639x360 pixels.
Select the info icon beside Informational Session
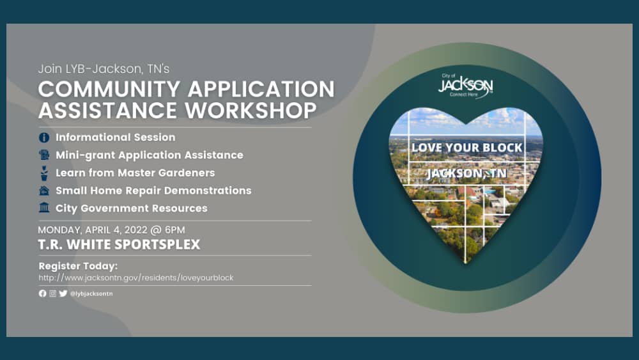point(44,137)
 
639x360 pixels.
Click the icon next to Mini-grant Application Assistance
point(44,155)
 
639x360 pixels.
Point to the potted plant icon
point(44,173)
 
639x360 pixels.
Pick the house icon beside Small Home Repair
point(44,191)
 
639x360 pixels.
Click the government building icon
point(44,208)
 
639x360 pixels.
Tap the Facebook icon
point(43,293)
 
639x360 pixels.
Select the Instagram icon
point(53,293)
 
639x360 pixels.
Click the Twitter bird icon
point(63,293)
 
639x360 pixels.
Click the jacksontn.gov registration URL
point(136,278)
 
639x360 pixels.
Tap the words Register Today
point(79,265)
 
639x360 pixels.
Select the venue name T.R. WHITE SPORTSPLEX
point(119,244)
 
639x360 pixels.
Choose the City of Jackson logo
point(466,86)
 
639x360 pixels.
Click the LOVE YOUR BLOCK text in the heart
point(467,148)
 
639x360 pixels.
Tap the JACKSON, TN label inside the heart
point(466,173)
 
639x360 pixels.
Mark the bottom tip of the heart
point(466,263)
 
